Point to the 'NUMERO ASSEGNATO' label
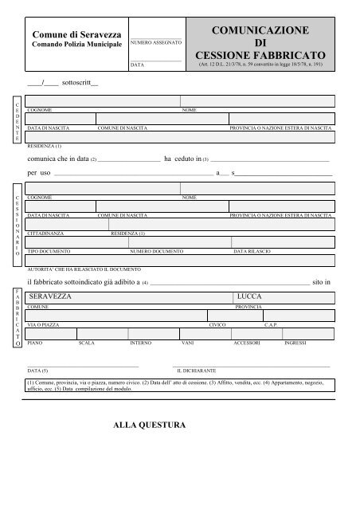[x=156, y=41]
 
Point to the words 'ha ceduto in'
[x=182, y=159]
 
